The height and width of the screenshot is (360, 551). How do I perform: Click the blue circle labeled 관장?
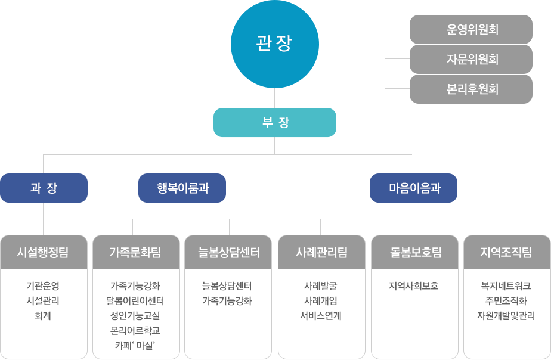(274, 44)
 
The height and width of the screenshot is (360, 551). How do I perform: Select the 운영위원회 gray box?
(471, 30)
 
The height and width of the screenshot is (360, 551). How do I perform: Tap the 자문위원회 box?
(471, 59)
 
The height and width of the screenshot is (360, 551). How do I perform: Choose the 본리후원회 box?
(471, 89)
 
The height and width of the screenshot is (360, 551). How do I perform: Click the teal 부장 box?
(275, 123)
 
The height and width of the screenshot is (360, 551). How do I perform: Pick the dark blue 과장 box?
(44, 188)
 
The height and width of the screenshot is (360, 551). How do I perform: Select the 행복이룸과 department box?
(182, 188)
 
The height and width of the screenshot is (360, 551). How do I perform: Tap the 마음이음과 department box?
(414, 188)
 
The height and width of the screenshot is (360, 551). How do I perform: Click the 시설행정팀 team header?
(44, 252)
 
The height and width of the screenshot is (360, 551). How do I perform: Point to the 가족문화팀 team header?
(136, 252)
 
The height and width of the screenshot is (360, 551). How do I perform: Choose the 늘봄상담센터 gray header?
(228, 252)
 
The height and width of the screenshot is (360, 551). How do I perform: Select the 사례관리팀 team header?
(321, 252)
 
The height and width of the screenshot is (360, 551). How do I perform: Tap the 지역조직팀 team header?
(506, 252)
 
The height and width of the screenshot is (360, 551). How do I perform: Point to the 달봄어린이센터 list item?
(136, 301)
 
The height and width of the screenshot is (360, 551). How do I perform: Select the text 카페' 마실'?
(136, 345)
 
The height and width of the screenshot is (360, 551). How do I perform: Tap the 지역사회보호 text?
(414, 286)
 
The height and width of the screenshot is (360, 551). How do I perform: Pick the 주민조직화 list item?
(506, 301)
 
